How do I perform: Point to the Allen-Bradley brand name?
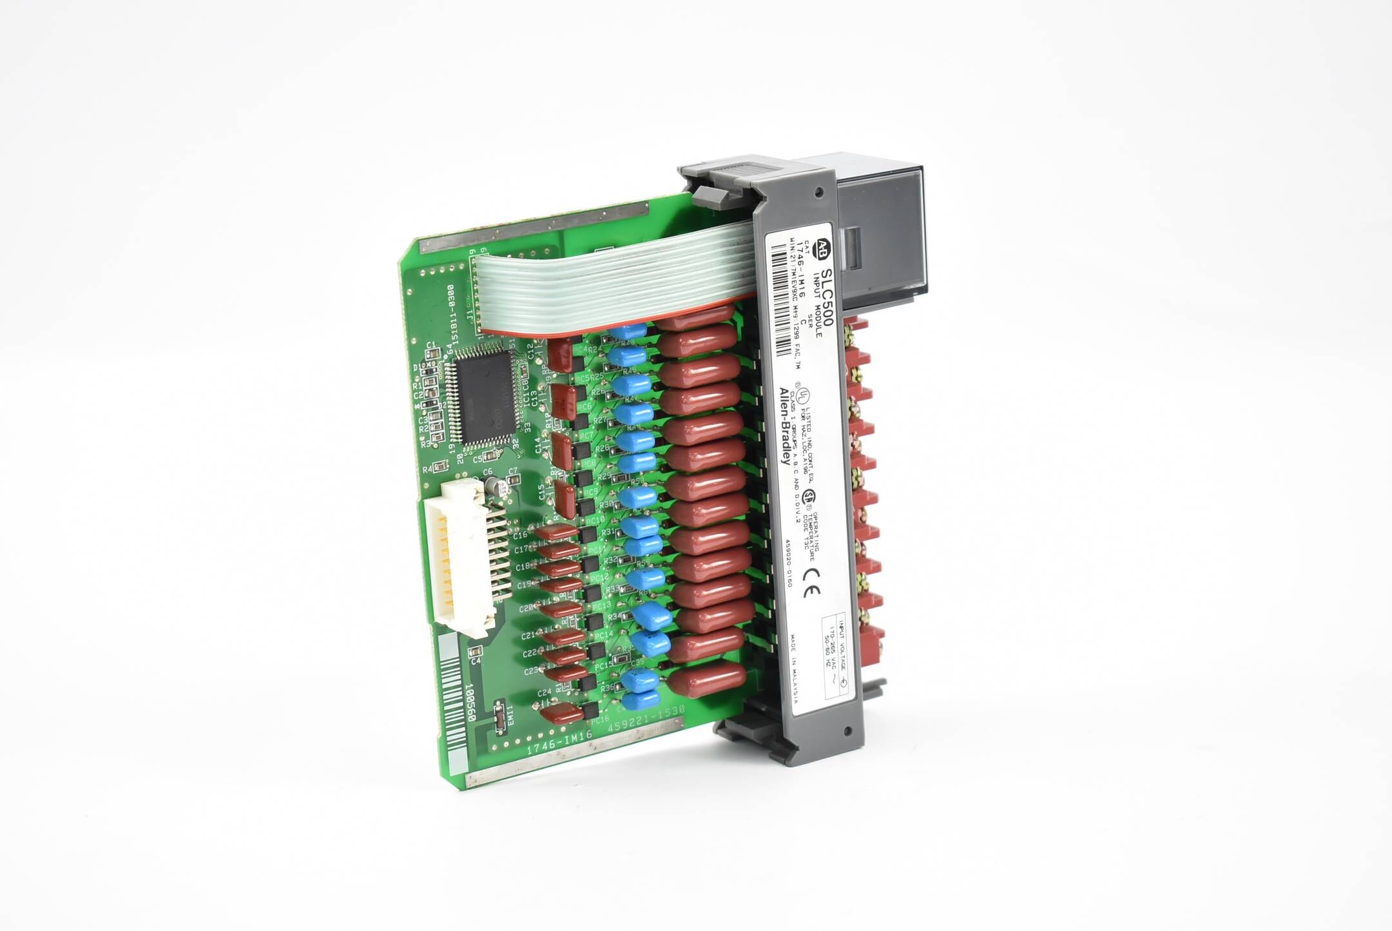point(786,426)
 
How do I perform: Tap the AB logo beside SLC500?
point(822,248)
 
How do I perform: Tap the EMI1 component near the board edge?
point(499,715)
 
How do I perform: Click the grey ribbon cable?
point(612,284)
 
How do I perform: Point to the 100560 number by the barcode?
point(470,703)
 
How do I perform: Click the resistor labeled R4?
point(441,467)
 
